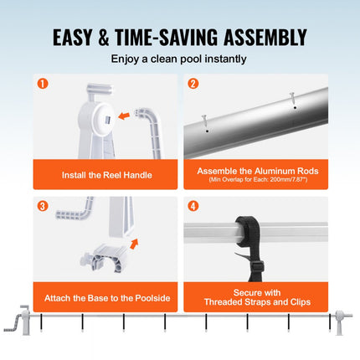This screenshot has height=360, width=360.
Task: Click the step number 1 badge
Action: click(x=43, y=84)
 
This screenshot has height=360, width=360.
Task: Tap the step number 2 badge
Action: click(x=193, y=84)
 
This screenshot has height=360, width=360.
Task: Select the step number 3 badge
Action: click(x=43, y=206)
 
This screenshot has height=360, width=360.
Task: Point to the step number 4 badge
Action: click(x=193, y=206)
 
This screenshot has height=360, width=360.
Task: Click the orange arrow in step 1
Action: click(x=124, y=116)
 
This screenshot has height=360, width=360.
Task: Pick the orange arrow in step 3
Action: click(x=134, y=244)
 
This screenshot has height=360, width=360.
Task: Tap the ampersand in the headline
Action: click(x=104, y=38)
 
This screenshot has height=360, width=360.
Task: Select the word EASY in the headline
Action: click(x=72, y=38)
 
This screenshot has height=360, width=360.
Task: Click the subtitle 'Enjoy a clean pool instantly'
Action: click(x=178, y=59)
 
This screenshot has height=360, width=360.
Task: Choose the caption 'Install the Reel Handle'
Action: click(x=107, y=175)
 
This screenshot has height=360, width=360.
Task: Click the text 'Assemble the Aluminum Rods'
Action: click(x=258, y=171)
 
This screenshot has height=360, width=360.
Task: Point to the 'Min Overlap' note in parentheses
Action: click(x=258, y=179)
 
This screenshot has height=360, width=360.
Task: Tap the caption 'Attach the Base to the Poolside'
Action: click(x=107, y=298)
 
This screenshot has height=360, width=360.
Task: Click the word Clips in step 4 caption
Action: click(x=301, y=302)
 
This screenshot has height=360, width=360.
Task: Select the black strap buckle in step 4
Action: click(x=258, y=267)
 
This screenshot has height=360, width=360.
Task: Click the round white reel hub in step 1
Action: click(x=102, y=120)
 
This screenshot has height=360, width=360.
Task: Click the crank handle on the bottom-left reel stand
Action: click(x=14, y=323)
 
